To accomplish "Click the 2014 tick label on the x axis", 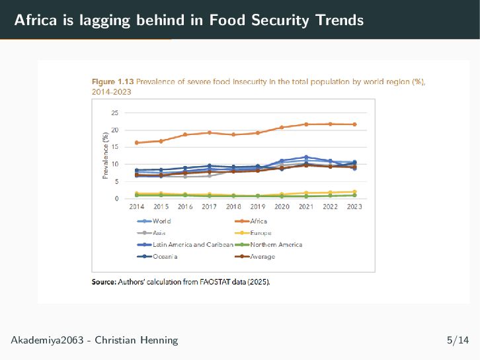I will click(137, 206).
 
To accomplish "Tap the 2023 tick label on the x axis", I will click(354, 206).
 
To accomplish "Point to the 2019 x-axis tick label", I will click(258, 206).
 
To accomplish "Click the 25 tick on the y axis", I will click(115, 112).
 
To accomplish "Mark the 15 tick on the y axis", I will click(115, 147).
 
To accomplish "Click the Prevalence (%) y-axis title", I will click(105, 156).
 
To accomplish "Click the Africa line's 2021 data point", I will click(306, 124).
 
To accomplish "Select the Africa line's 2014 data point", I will click(137, 142).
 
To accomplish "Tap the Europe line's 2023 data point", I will click(354, 192).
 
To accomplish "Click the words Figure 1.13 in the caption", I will click(112, 81).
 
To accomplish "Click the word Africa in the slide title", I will click(36, 20).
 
